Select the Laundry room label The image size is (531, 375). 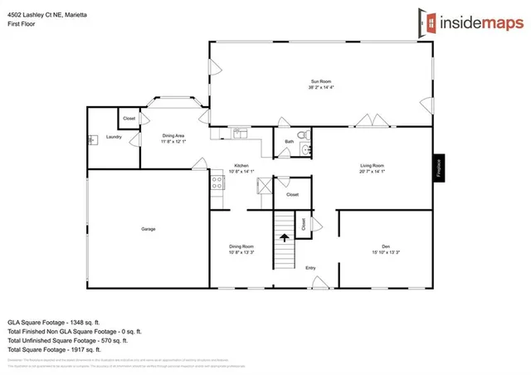pyautogui.click(x=114, y=137)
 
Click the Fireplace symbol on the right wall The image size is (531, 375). pyautogui.click(x=438, y=168)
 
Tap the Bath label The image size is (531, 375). pyautogui.click(x=289, y=142)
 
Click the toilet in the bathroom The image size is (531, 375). pyautogui.click(x=304, y=135)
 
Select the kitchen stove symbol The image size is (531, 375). pyautogui.click(x=217, y=184)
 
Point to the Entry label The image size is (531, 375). pyautogui.click(x=310, y=267)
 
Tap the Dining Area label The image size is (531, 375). pyautogui.click(x=173, y=137)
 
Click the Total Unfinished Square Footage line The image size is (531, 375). pyautogui.click(x=67, y=340)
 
